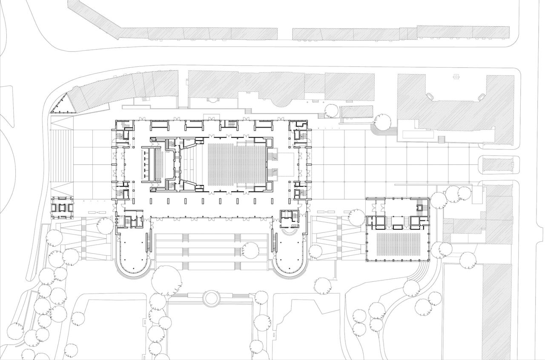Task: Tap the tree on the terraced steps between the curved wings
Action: click(x=250, y=249)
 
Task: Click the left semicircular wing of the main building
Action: click(x=132, y=255)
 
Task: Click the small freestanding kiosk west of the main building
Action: click(x=62, y=208)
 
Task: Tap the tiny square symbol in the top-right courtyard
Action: click(x=457, y=77)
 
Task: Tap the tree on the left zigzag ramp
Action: click(x=105, y=226)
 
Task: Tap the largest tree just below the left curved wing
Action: click(x=166, y=281)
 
